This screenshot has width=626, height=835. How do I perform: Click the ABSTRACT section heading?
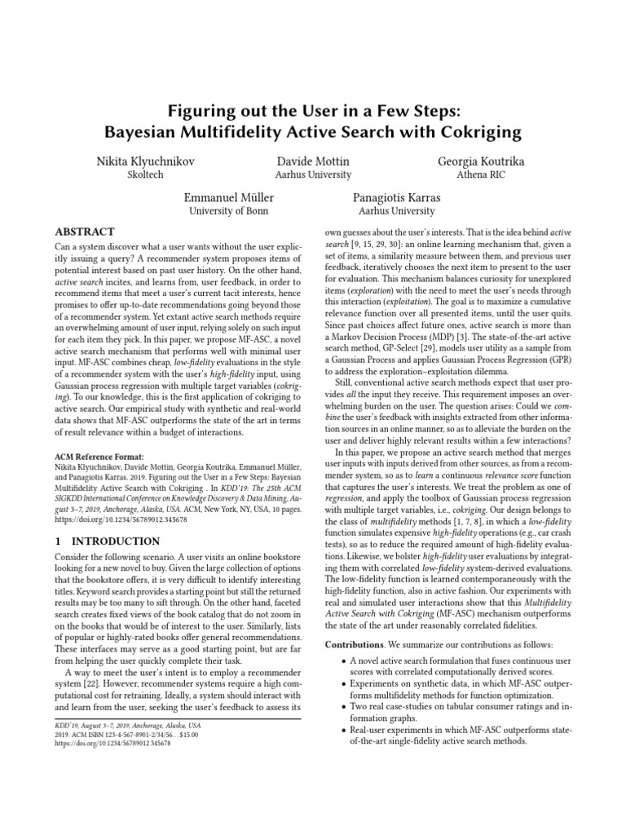85,232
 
